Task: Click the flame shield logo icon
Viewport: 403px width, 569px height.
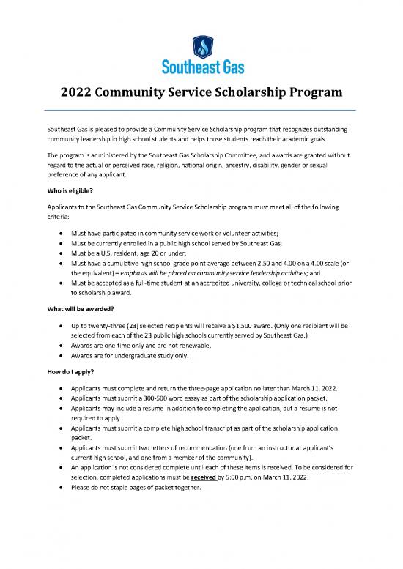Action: pos(202,46)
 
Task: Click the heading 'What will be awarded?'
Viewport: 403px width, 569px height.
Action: pos(77,308)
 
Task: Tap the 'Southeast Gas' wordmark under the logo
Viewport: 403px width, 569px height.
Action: pos(202,68)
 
